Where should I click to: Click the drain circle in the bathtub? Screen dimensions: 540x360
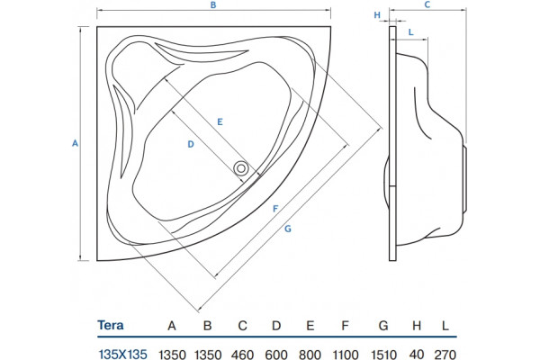(241, 169)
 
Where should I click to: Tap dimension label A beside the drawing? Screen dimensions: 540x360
(75, 143)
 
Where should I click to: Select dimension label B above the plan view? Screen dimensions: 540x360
(213, 5)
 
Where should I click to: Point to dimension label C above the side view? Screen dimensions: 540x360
(427, 4)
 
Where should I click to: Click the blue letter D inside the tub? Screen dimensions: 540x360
(191, 144)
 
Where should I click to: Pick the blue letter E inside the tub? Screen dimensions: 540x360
(220, 122)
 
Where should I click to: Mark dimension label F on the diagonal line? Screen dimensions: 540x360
(275, 209)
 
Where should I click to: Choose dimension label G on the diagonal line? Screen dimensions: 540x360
(288, 229)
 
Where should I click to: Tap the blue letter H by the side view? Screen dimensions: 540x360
(377, 15)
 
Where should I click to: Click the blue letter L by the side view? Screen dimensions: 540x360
(411, 32)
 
